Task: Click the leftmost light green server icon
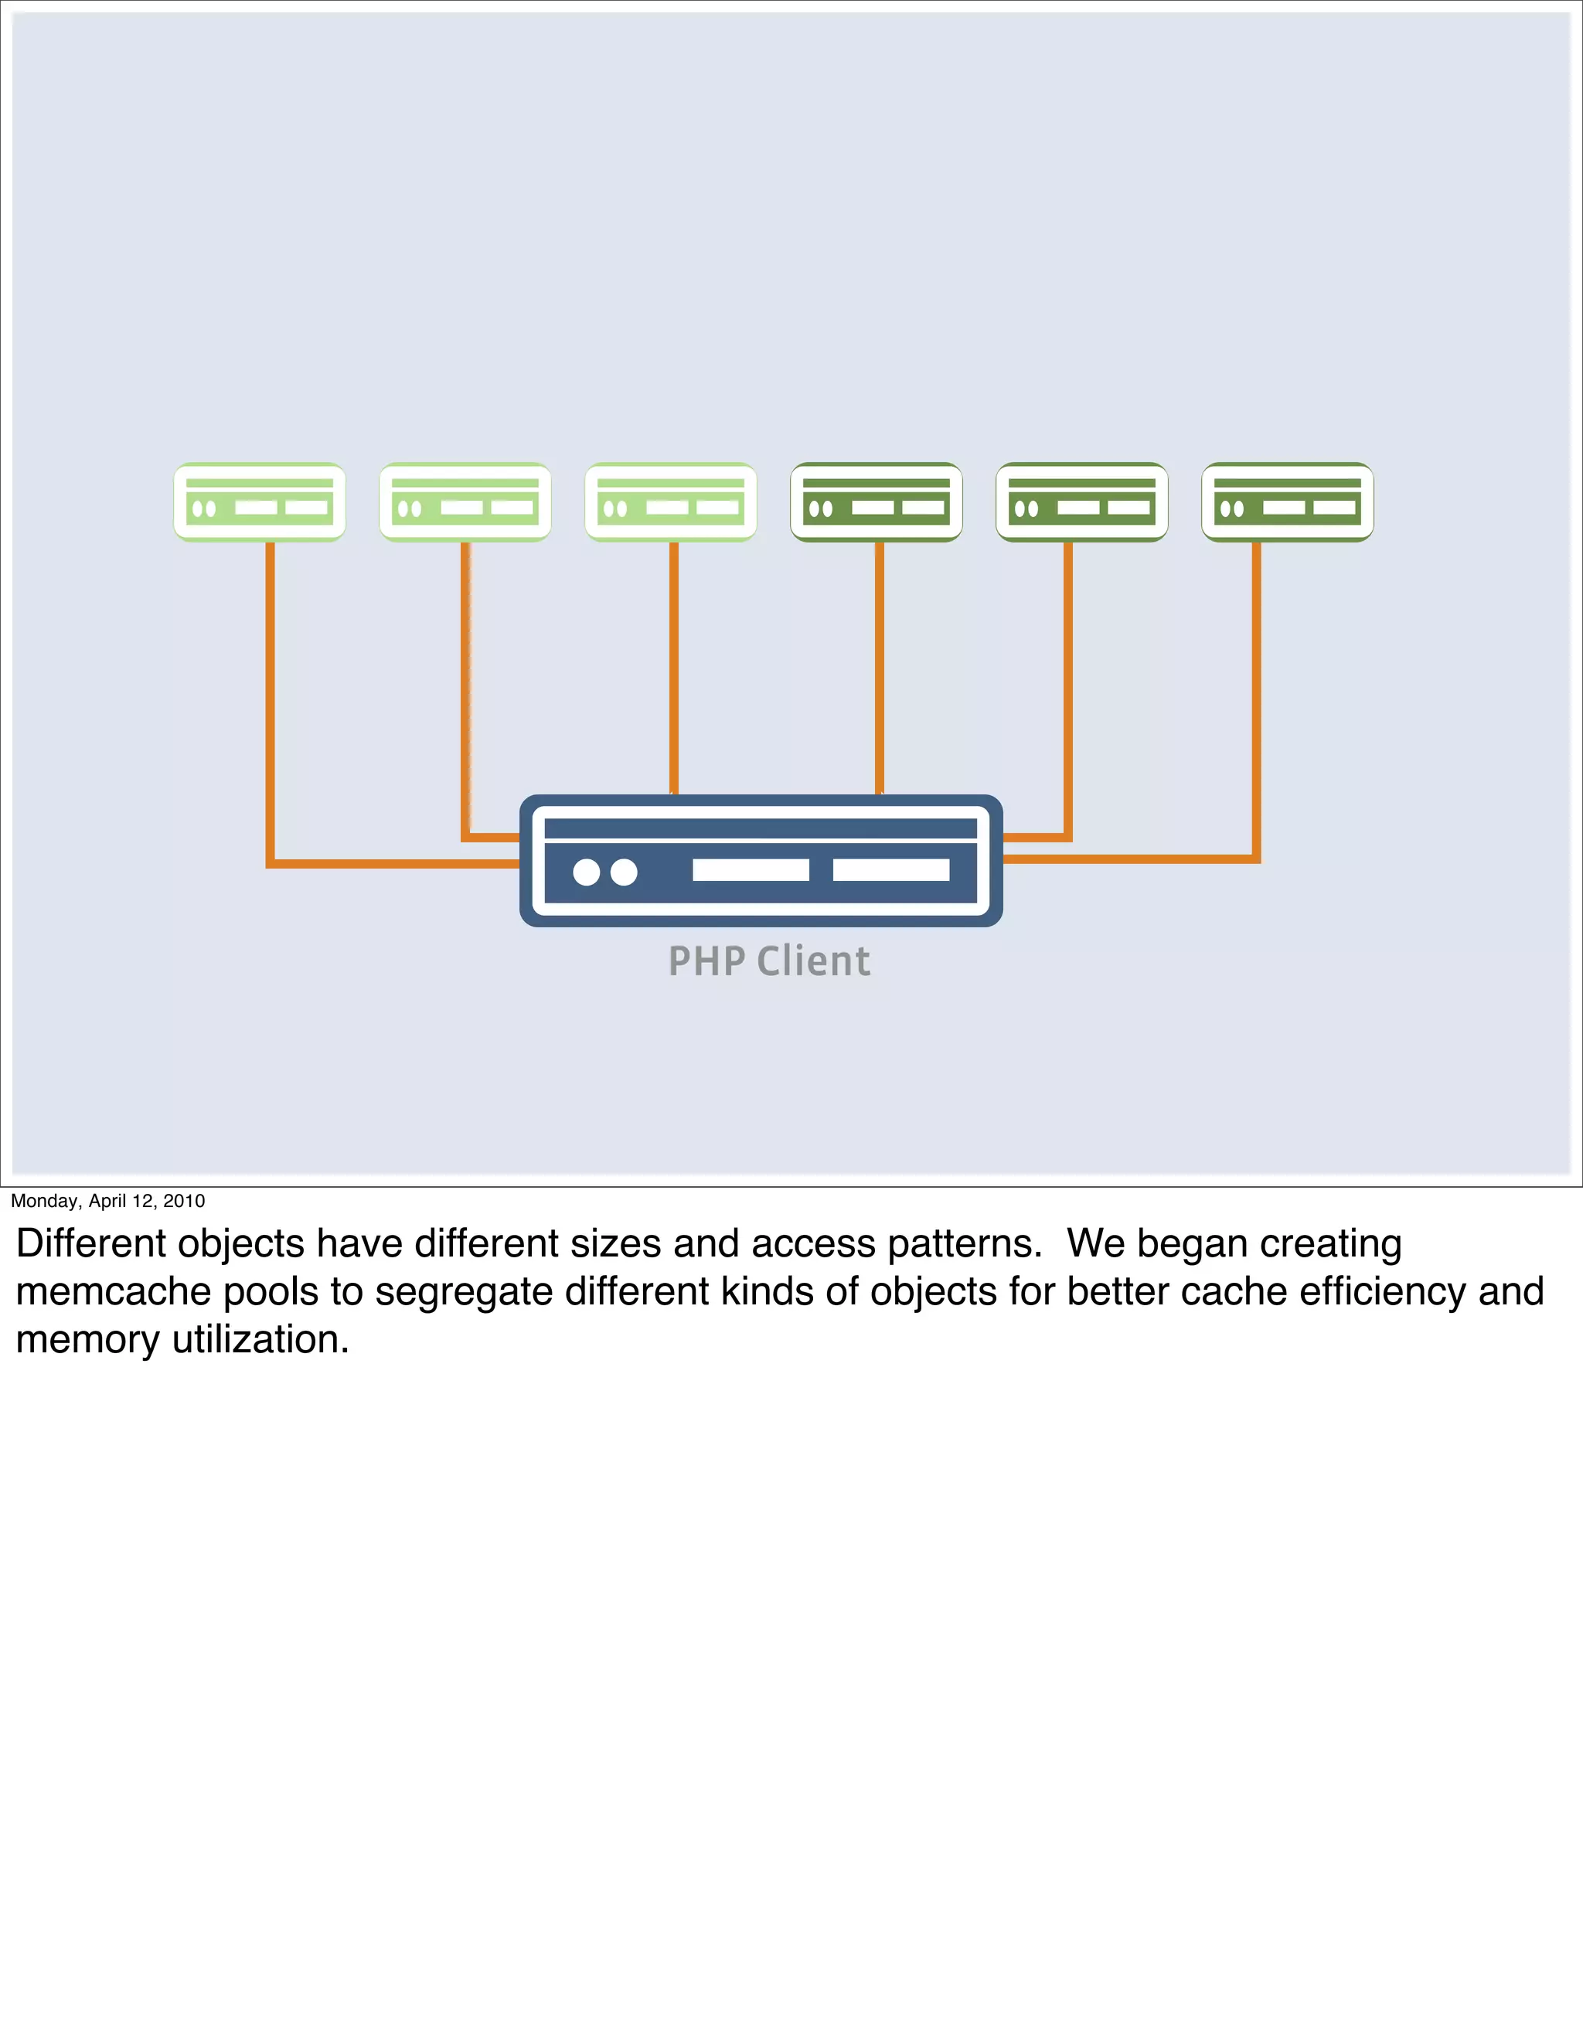tap(260, 502)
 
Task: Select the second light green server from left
tap(465, 502)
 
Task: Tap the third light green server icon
tap(670, 502)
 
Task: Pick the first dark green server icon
tap(876, 502)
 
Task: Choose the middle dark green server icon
tap(1081, 502)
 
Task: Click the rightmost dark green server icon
tap(1287, 502)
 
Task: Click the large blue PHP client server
tap(761, 860)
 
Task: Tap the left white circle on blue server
tap(586, 872)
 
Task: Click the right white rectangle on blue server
tap(891, 870)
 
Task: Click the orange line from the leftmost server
tap(271, 699)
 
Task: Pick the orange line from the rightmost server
tap(1257, 699)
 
